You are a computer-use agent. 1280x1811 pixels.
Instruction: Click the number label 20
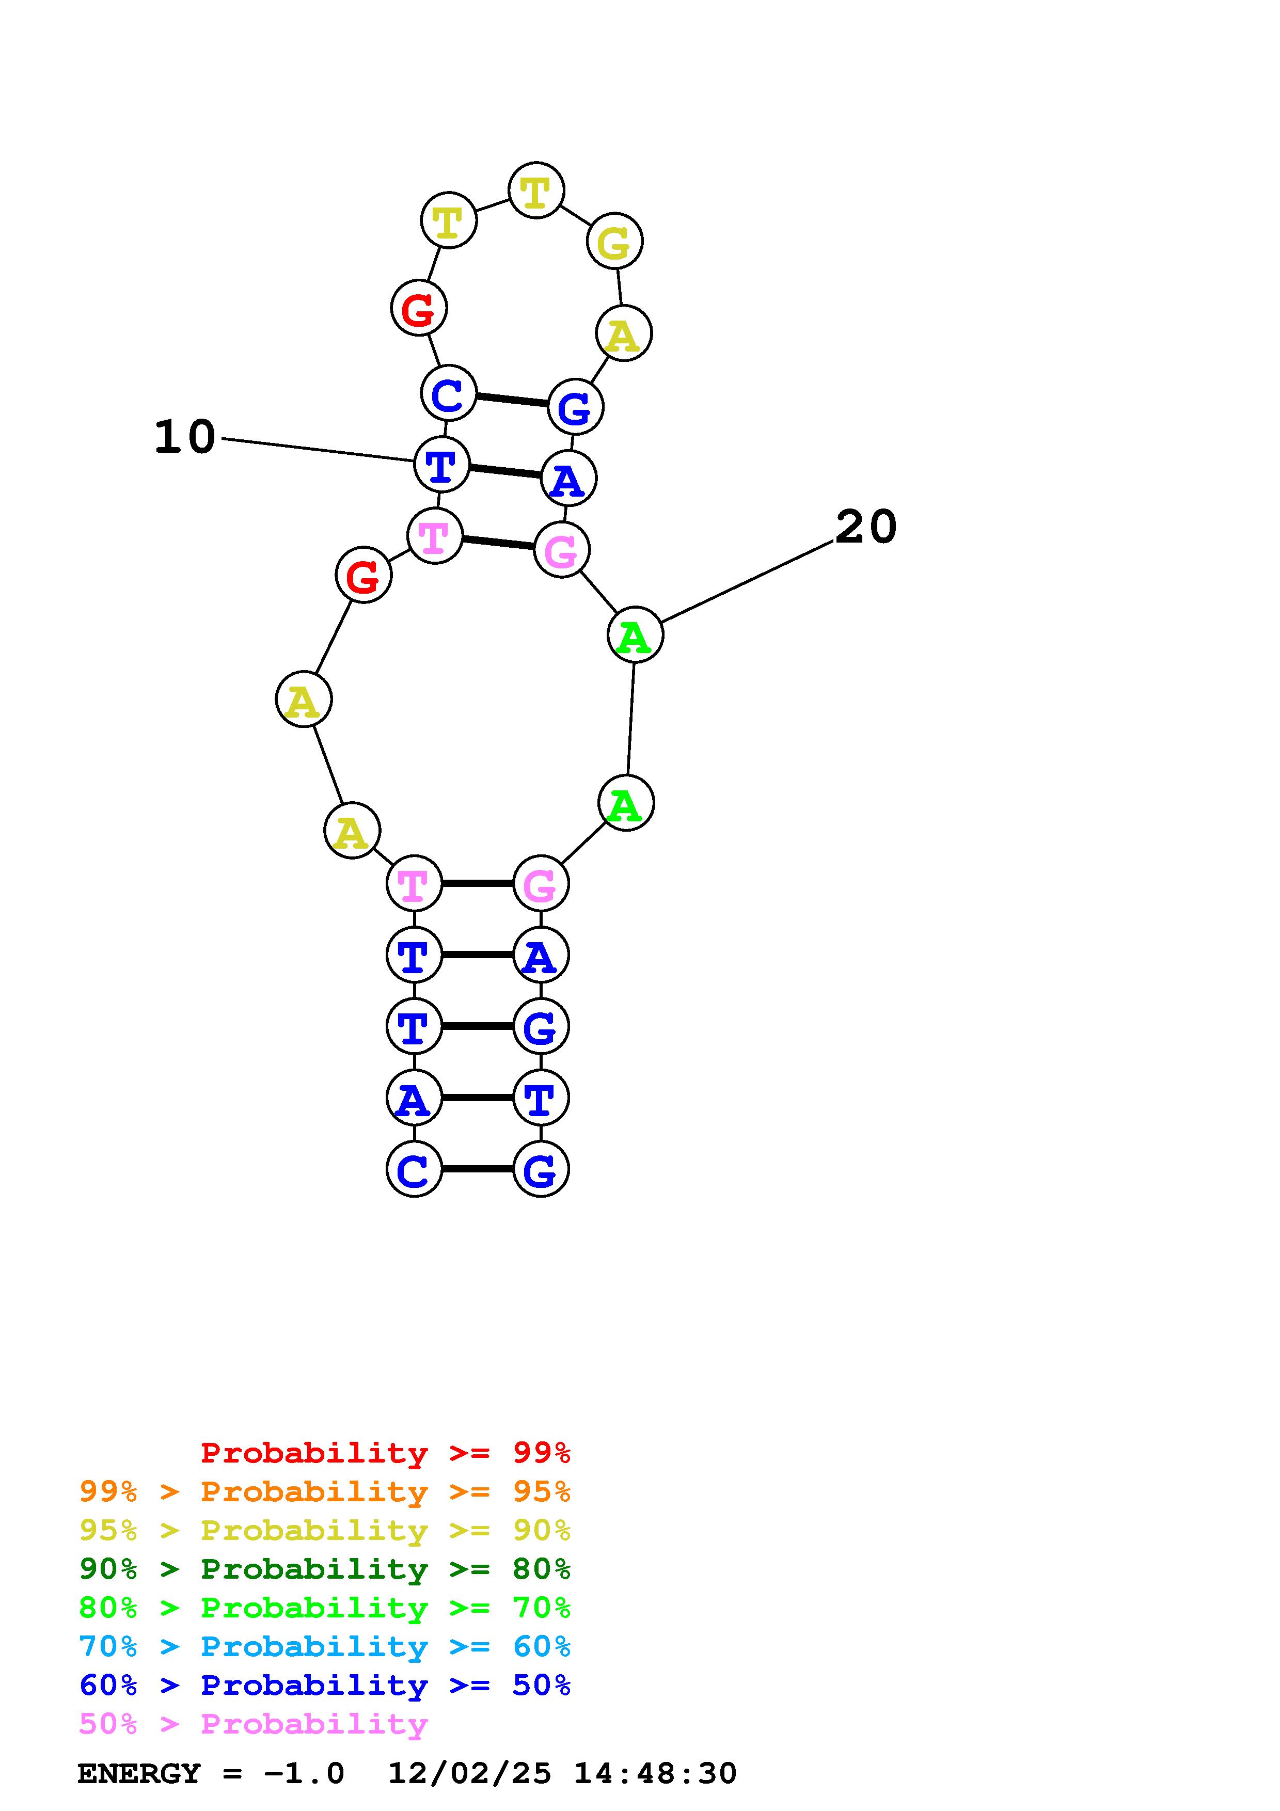866,527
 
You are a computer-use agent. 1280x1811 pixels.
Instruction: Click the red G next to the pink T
364,575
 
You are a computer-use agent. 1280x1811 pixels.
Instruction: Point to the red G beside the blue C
419,308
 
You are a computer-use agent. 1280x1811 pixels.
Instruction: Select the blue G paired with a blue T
540,1027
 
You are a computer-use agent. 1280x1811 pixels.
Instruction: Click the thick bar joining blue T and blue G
477,1026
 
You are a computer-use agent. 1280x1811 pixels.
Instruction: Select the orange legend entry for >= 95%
325,1491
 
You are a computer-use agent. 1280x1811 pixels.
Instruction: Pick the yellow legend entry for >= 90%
325,1530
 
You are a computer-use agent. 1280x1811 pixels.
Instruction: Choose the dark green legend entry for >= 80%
325,1569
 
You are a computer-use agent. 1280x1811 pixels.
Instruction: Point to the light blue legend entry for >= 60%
325,1646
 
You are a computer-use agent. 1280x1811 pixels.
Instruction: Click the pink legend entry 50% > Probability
253,1723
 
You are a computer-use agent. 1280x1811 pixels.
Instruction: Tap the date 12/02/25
469,1773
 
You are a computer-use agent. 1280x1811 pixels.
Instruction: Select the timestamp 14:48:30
655,1773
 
